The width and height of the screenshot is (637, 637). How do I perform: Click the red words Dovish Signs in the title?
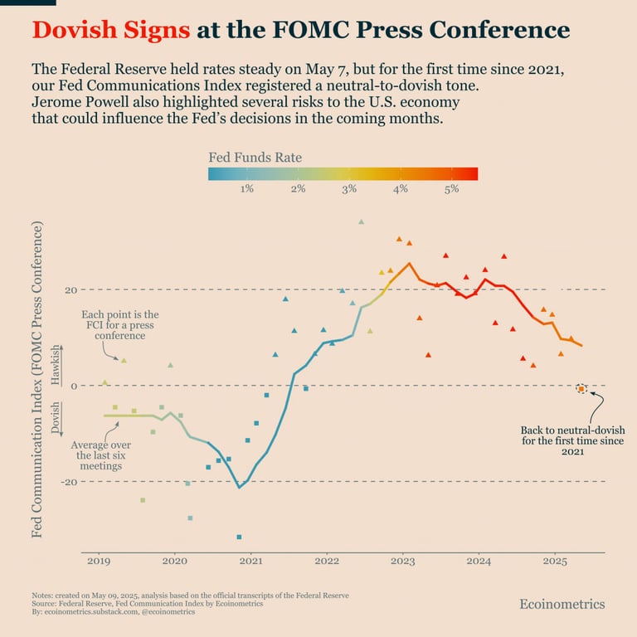(111, 31)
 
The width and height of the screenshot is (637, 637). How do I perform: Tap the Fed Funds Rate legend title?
(254, 157)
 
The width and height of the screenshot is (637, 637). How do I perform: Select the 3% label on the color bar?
(349, 189)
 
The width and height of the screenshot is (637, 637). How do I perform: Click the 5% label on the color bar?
(451, 189)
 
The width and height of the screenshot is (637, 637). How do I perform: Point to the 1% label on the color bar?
(246, 189)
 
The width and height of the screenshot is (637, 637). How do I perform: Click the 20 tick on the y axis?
(71, 290)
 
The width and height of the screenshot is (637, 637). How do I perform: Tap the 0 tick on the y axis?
(73, 386)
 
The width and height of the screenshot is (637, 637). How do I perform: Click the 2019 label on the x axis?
(99, 562)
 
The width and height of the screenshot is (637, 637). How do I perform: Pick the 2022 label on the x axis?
(327, 562)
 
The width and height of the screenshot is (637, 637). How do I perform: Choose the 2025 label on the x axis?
(555, 562)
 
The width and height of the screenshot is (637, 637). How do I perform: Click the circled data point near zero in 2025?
(581, 388)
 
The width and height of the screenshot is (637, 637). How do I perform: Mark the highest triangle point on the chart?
(361, 221)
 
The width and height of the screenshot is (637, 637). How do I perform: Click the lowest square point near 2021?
(239, 537)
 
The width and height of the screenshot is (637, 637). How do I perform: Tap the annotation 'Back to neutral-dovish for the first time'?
(572, 441)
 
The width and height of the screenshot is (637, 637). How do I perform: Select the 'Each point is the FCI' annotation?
(119, 325)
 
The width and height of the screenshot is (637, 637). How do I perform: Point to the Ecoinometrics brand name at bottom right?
(562, 604)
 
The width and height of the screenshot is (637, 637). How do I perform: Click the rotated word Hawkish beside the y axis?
(56, 363)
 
